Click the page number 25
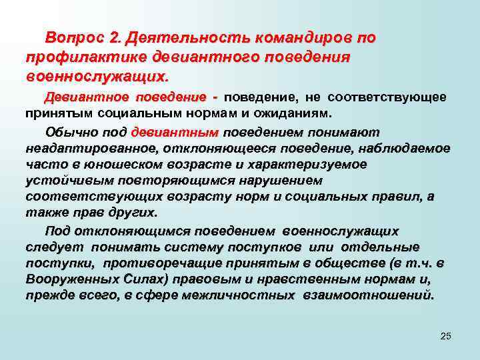click(446, 335)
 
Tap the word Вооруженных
click(65, 279)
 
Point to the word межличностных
click(245, 295)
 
